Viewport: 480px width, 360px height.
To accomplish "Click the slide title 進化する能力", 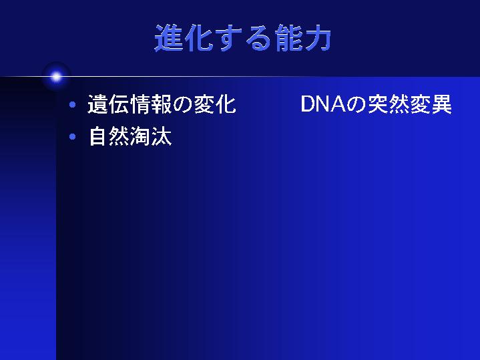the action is tap(243, 37).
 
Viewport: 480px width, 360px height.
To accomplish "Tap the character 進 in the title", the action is tap(169, 37).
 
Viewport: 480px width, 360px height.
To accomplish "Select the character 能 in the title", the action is tap(288, 37).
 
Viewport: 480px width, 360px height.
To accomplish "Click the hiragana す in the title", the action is tap(228, 37).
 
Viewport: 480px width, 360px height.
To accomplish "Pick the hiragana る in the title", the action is tap(258, 38).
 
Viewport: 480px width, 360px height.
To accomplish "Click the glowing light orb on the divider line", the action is tap(56, 77).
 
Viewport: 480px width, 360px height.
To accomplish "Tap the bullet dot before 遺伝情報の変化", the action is tap(73, 105).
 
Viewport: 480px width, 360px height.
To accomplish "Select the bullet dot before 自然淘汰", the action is tap(73, 136).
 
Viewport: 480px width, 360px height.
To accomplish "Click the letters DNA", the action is tap(323, 104).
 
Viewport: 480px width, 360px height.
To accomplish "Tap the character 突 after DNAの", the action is tap(377, 104).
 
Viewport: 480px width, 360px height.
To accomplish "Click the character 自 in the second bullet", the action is tap(98, 136).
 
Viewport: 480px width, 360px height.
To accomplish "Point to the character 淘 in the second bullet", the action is tap(140, 136).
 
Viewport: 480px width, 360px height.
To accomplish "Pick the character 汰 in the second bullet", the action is tap(162, 136).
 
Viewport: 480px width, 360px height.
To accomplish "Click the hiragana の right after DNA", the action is tap(356, 104).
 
